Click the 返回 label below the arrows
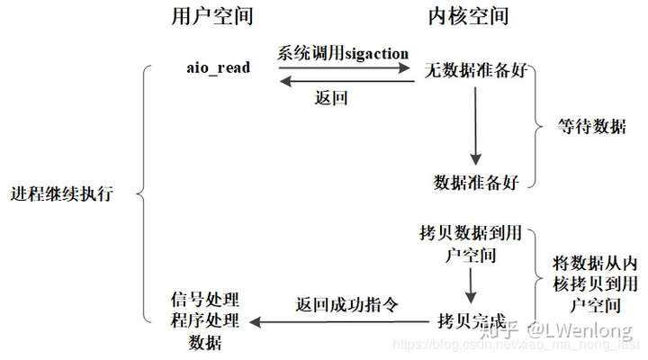pyautogui.click(x=331, y=96)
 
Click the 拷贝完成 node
pyautogui.click(x=472, y=319)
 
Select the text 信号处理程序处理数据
pyautogui.click(x=205, y=320)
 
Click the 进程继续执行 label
pyautogui.click(x=63, y=194)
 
